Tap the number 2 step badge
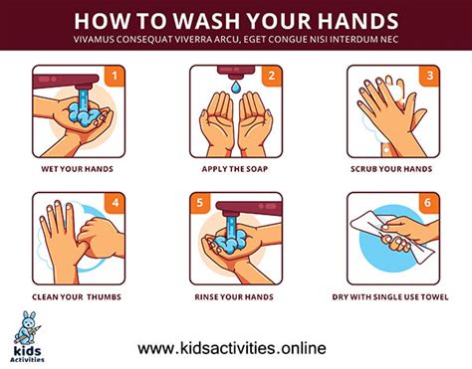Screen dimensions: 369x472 click(x=269, y=75)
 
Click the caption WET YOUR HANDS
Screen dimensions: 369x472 click(x=78, y=168)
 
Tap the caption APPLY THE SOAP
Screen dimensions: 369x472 click(x=235, y=168)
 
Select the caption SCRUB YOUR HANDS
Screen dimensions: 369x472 click(x=391, y=168)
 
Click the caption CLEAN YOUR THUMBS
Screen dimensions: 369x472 click(x=78, y=295)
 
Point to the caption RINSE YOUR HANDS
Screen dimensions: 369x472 click(x=235, y=295)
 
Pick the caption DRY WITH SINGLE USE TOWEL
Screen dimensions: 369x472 click(x=391, y=295)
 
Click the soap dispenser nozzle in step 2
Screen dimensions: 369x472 click(x=235, y=74)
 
